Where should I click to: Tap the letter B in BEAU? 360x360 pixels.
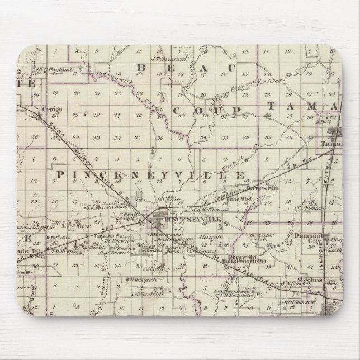point(141,67)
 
